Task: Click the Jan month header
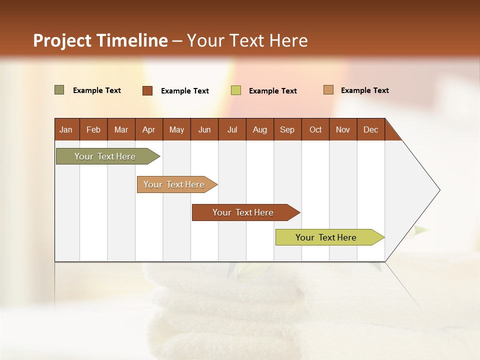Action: pos(66,129)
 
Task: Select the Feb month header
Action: pos(93,129)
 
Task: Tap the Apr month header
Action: pos(148,129)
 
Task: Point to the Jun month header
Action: pos(204,129)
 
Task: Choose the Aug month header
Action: pos(259,129)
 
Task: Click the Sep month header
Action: pos(287,129)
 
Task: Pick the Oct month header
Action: pos(315,129)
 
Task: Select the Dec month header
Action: pos(370,129)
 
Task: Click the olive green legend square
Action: pos(59,90)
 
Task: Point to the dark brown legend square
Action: pos(147,90)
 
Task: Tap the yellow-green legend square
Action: pos(236,90)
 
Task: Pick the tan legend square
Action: pos(328,90)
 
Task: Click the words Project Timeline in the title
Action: pos(100,40)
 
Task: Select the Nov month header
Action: pos(343,129)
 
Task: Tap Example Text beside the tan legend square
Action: pos(364,90)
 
